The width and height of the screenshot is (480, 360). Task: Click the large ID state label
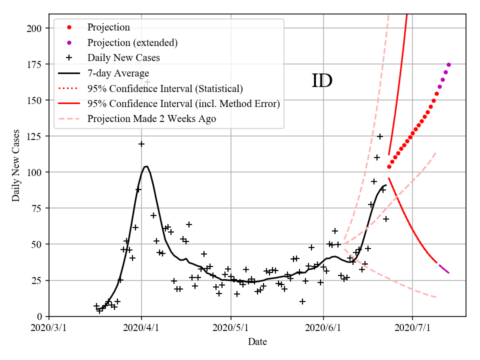[322, 80]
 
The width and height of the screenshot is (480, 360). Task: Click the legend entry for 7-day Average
[118, 73]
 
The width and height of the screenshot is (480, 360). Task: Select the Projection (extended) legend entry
[132, 42]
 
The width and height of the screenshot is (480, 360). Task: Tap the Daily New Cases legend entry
[123, 58]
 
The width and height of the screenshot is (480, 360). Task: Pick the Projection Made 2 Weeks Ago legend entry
[151, 119]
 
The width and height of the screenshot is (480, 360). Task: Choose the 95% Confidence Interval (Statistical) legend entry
[165, 89]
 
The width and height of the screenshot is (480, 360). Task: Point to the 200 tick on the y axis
[35, 28]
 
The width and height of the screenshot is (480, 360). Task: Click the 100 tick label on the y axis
[35, 172]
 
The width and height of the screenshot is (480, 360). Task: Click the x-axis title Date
[257, 342]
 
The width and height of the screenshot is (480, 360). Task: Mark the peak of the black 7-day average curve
[146, 166]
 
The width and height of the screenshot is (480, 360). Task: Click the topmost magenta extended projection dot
[448, 64]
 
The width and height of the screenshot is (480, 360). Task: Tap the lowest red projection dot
[389, 166]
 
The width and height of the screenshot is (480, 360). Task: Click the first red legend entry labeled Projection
[108, 27]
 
